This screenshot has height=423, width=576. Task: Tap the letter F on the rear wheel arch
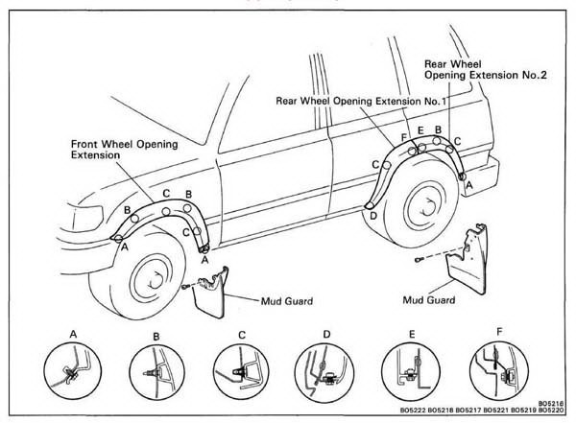(x=403, y=137)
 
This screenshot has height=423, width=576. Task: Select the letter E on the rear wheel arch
(x=420, y=129)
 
